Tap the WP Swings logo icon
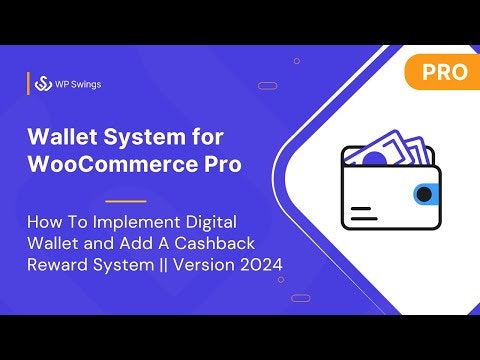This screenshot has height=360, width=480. (43, 84)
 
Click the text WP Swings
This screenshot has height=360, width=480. (78, 84)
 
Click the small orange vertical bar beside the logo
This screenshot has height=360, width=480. (27, 84)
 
